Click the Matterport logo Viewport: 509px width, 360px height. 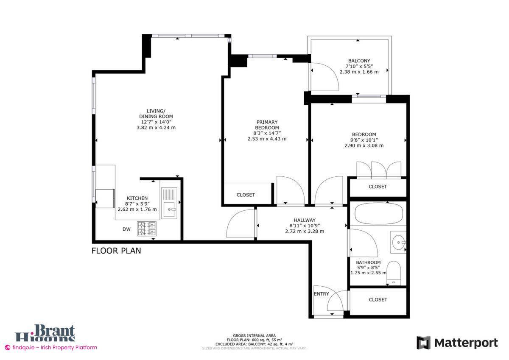tap(457, 343)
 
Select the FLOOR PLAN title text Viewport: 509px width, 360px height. tap(116, 251)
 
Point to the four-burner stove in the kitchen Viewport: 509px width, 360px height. tap(146, 229)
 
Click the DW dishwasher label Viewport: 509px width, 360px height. tap(126, 230)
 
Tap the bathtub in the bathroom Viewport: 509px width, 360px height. tap(378, 214)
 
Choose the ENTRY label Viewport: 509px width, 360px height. tap(321, 294)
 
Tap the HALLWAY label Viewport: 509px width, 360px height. tap(304, 220)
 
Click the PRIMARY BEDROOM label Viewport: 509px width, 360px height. tap(267, 125)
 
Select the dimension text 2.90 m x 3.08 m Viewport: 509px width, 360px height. tap(364, 145)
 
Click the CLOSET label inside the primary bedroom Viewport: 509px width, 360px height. tap(246, 195)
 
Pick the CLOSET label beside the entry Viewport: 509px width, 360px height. tap(378, 299)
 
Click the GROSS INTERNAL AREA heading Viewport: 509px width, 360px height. tap(254, 335)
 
